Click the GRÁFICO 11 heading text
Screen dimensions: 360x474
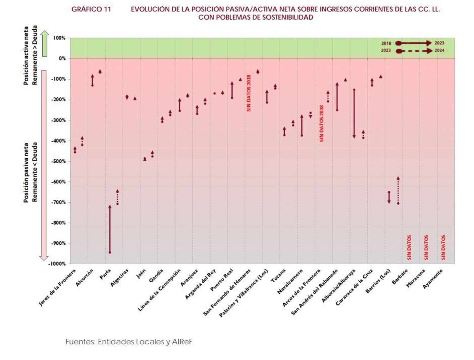tap(91, 9)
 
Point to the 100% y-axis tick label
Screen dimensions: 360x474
tap(59, 38)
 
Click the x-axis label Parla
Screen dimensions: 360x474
tap(105, 274)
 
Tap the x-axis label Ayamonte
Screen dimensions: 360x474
tap(433, 279)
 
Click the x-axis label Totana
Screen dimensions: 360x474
tap(278, 275)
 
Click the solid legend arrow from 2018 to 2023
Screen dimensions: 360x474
tap(414, 43)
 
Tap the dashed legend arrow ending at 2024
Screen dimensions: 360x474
tap(415, 51)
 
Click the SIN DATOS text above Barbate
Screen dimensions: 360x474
tap(409, 247)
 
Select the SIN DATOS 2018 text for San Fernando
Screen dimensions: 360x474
tap(249, 93)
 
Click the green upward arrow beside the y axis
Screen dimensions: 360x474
tap(44, 43)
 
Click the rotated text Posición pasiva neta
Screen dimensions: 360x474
tap(26, 173)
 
